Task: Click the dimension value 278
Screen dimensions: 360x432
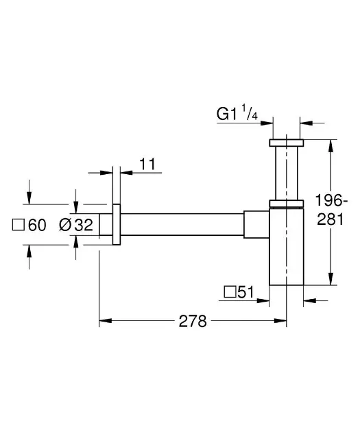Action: pos(193,321)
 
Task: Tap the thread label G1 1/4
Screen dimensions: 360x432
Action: pos(237,113)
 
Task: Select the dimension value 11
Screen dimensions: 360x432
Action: pos(147,164)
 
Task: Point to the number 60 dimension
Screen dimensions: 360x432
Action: pos(37,225)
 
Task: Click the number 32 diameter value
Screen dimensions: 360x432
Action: pos(84,225)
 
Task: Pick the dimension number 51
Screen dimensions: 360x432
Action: pos(245,292)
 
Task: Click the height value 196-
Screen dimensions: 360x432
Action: pos(331,200)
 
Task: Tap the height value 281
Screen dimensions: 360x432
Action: pos(331,219)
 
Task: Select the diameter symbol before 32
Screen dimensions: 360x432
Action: pos(65,225)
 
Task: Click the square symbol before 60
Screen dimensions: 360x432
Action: pos(19,225)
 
